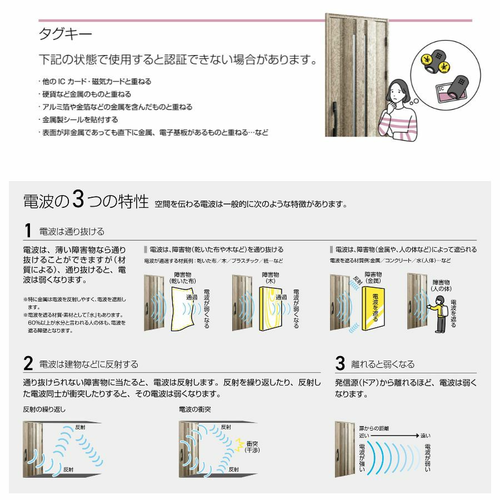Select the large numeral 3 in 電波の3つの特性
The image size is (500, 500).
click(x=78, y=201)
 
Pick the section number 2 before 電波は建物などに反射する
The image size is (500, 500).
click(x=28, y=364)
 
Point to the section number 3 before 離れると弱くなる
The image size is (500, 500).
click(x=341, y=364)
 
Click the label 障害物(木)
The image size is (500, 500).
click(x=270, y=278)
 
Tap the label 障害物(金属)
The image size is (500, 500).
click(x=373, y=278)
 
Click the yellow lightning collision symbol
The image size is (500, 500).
click(x=239, y=443)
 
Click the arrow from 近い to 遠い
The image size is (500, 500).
click(x=396, y=437)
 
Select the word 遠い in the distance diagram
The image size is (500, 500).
click(x=425, y=436)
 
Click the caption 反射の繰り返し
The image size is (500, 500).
click(x=44, y=409)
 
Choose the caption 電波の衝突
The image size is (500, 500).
click(x=194, y=409)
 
